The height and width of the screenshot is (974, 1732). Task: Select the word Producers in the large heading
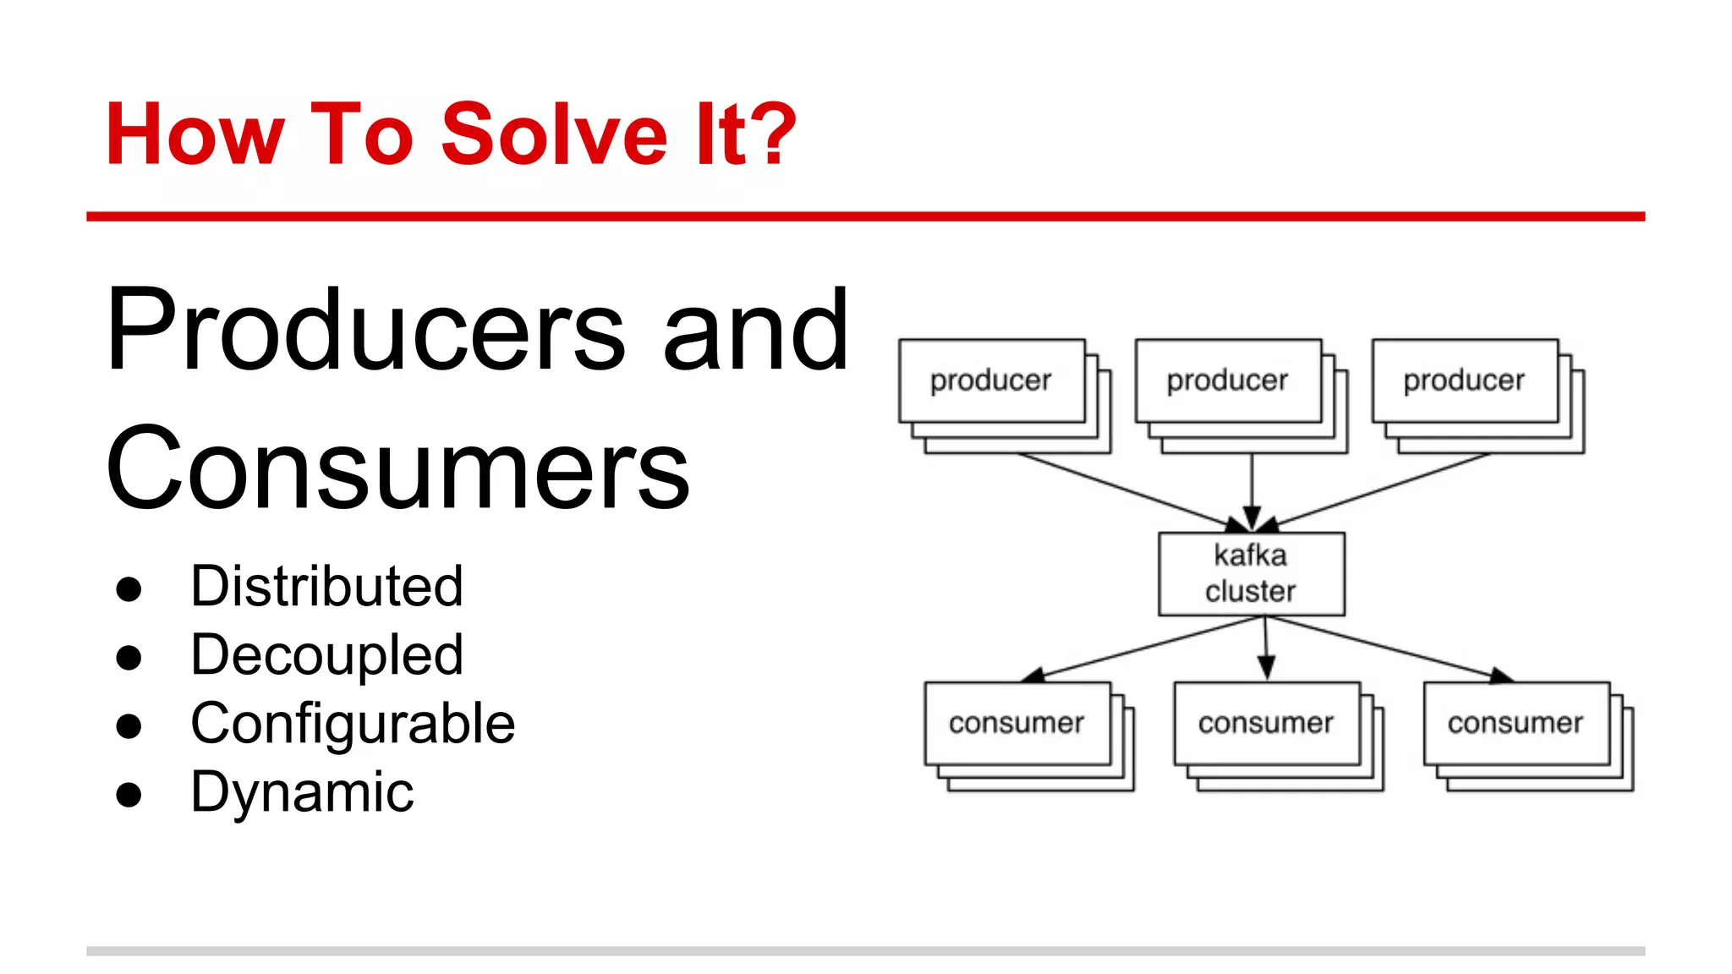365,331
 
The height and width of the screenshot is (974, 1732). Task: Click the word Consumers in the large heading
397,469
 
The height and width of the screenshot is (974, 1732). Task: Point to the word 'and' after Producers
755,331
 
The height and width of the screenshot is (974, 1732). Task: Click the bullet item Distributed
326,586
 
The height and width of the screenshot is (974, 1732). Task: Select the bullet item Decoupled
326,655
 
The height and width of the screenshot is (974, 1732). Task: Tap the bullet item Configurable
353,725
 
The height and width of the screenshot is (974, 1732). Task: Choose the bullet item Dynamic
302,792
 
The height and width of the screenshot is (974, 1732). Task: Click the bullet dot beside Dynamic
129,795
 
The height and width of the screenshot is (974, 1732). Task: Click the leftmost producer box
991,381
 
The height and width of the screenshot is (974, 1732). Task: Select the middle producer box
1228,381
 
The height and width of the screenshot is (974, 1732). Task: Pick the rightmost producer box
1465,381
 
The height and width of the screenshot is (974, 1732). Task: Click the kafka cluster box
1251,574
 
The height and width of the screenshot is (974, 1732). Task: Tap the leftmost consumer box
1017,724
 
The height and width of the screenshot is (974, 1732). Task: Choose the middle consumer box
1266,724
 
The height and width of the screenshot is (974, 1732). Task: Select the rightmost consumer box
1515,724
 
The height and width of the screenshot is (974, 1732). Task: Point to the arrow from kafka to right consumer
1387,648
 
